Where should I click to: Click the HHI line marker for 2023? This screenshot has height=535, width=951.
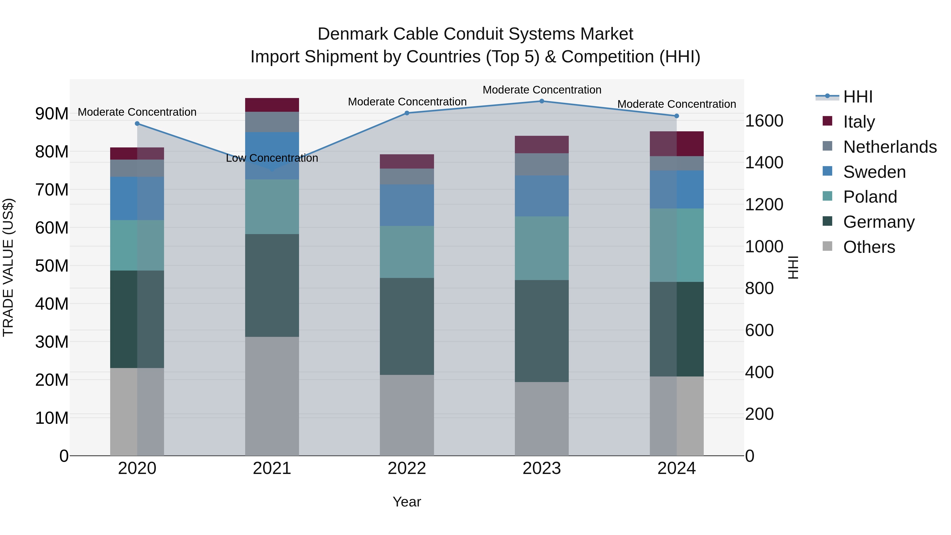(x=542, y=101)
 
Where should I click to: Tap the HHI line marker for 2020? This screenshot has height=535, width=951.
(x=137, y=124)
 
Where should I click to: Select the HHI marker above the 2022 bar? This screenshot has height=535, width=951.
(x=407, y=113)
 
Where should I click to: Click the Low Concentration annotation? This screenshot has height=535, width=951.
(x=272, y=158)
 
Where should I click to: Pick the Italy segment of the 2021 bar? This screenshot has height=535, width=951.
(x=272, y=105)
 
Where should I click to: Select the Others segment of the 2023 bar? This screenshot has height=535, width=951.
(x=542, y=419)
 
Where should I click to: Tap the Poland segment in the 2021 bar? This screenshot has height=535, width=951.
(x=272, y=207)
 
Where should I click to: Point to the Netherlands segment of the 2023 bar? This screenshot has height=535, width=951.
(x=542, y=164)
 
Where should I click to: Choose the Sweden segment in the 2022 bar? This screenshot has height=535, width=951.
(x=407, y=205)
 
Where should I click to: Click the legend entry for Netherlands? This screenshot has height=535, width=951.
(x=890, y=147)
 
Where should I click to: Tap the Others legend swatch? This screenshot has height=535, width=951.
(x=827, y=246)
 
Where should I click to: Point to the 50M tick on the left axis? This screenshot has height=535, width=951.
(x=52, y=266)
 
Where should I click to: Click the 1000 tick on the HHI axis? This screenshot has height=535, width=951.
(x=764, y=247)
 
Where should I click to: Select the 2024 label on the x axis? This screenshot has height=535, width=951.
(x=676, y=468)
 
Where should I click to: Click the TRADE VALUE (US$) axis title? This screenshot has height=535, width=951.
(x=8, y=267)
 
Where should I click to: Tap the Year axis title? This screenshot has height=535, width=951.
(x=407, y=502)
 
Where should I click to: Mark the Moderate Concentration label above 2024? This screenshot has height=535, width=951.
(x=676, y=104)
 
